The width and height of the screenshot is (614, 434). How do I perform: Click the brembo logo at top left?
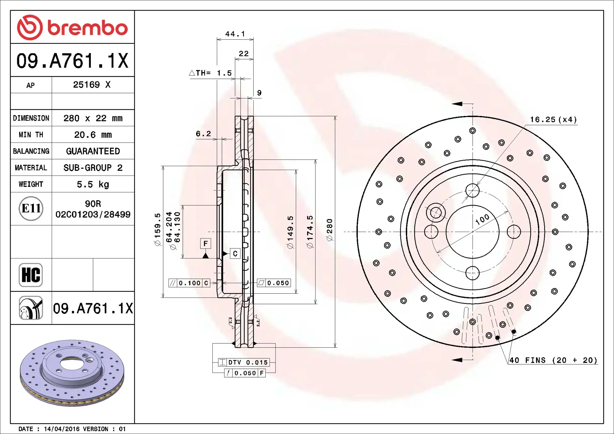(72, 27)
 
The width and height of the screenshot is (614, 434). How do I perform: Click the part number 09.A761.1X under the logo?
(72, 61)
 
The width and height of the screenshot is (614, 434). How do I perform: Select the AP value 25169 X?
(92, 85)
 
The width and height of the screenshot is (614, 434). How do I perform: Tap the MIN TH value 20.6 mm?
(93, 135)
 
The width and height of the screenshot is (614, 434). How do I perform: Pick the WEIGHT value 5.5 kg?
(93, 184)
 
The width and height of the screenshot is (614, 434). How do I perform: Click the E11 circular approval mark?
(31, 209)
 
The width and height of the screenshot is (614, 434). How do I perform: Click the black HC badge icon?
(31, 275)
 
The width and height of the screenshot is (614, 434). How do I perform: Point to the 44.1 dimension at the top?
(235, 34)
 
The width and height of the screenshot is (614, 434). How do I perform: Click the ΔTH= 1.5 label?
(210, 73)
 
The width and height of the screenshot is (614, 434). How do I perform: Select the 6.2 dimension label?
(203, 134)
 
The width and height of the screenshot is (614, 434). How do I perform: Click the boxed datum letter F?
(206, 244)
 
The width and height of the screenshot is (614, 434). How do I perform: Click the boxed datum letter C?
(235, 254)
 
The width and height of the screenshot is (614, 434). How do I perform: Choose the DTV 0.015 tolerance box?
(244, 362)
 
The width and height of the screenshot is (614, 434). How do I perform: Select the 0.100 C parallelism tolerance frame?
(189, 283)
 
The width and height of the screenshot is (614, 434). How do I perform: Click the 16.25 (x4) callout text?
(553, 120)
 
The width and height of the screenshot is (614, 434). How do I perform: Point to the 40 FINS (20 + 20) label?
(553, 360)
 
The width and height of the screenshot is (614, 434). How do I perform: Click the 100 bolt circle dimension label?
(482, 219)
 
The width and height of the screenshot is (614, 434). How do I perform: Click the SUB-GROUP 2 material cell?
(93, 168)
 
